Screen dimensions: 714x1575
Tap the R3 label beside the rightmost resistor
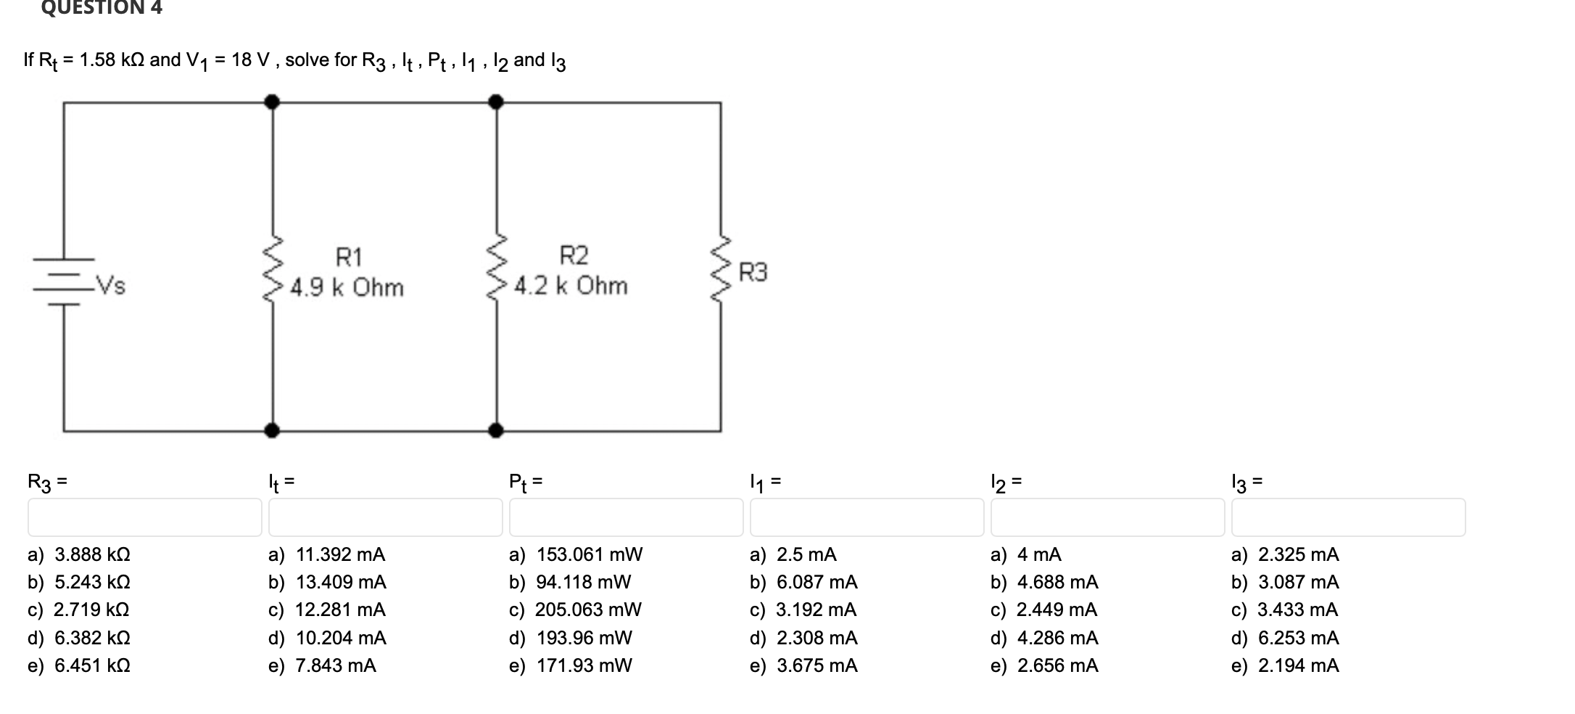[753, 273]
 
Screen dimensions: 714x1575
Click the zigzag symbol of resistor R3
[720, 269]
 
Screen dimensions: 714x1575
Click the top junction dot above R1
[272, 102]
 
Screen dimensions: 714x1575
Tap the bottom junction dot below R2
[496, 431]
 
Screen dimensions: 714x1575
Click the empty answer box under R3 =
[145, 517]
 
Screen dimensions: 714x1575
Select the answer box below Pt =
[626, 517]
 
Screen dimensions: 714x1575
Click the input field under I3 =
[1348, 517]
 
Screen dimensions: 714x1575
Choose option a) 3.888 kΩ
[80, 555]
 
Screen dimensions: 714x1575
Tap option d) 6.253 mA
[1285, 639]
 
